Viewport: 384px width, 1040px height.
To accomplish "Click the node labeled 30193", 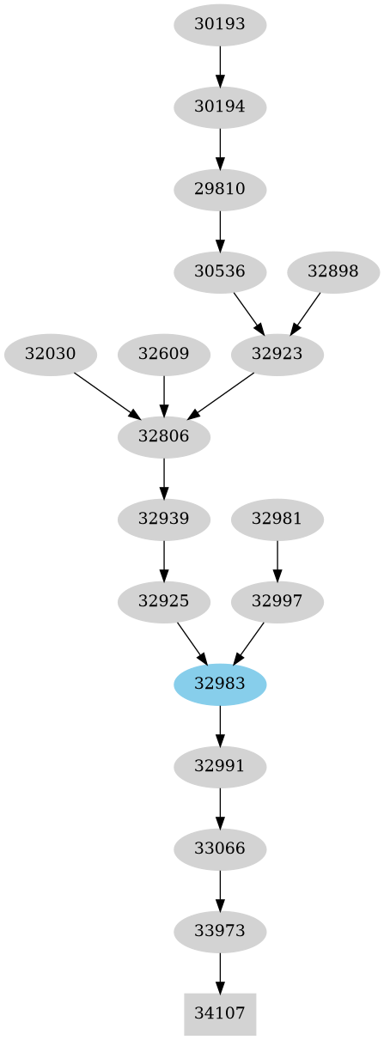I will (220, 25).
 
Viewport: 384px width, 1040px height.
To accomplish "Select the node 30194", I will (220, 107).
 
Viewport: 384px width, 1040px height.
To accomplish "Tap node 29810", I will (220, 189).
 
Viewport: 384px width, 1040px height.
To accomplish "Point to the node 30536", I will (220, 272).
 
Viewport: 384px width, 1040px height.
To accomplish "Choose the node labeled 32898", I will (332, 272).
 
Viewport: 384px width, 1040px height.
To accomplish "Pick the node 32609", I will (164, 354).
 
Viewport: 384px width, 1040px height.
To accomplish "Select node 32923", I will (277, 354).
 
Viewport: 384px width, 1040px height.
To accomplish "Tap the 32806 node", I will (164, 436).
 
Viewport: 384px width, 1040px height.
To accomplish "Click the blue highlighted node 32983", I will (220, 684).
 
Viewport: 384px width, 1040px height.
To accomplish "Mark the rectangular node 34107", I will (220, 1013).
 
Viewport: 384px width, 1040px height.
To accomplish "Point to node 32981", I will (277, 519).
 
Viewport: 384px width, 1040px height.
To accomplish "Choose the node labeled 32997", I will (277, 601).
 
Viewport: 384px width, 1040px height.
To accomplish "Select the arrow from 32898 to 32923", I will (306, 313).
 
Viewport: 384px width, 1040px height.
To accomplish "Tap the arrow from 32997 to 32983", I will (249, 642).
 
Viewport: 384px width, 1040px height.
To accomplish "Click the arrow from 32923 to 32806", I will (222, 395).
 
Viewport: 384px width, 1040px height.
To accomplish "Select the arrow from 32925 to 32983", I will (192, 642).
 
